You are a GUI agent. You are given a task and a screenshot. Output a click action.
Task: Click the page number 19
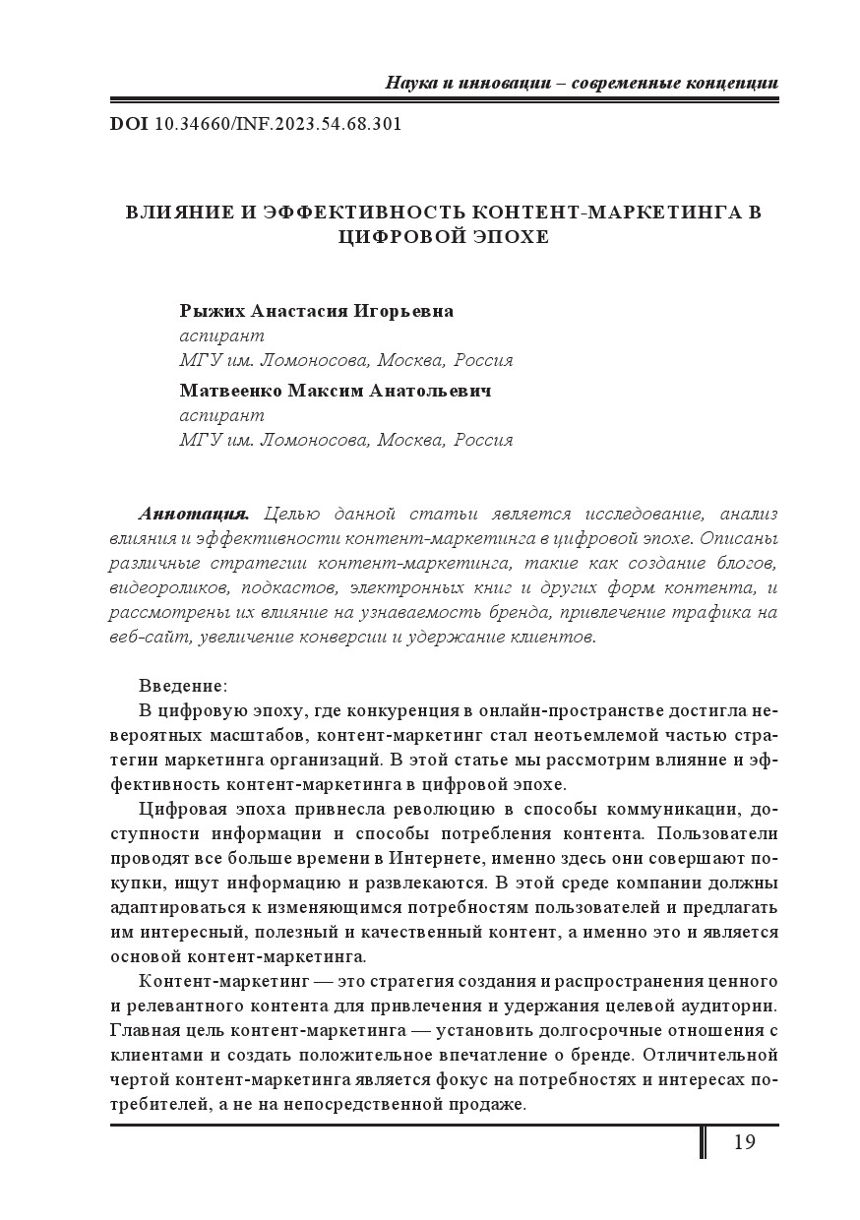[x=744, y=1142]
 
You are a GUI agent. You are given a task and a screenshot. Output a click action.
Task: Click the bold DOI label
[x=128, y=125]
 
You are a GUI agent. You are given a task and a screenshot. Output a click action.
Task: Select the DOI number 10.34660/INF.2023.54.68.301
[x=278, y=125]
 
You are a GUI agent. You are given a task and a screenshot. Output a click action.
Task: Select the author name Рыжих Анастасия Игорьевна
[x=317, y=311]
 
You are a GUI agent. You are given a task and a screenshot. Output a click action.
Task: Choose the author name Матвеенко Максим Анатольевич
[x=336, y=390]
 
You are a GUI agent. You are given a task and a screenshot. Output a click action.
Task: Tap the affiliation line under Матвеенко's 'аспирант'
[x=345, y=440]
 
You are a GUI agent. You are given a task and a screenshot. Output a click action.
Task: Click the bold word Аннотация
[x=195, y=514]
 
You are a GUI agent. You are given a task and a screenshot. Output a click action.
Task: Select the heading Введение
[x=182, y=685]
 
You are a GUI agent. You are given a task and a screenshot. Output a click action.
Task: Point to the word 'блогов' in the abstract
[x=744, y=563]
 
